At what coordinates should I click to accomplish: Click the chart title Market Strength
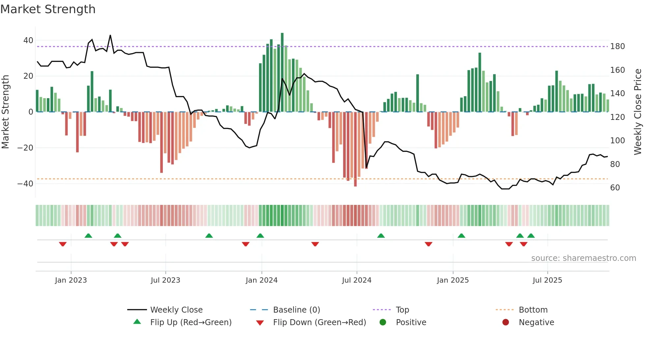coord(48,9)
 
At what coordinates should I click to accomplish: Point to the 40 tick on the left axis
coord(28,41)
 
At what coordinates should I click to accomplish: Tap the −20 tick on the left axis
coord(25,148)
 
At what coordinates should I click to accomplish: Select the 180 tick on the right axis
coord(617,46)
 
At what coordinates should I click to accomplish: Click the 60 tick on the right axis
coord(615,188)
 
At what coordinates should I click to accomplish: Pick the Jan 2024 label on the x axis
coord(261,280)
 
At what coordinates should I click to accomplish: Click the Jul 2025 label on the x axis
coord(547,280)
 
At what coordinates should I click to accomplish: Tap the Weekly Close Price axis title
coord(638,112)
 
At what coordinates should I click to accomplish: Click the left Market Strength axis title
coord(6,112)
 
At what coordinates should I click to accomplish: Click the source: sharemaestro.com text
coord(583,258)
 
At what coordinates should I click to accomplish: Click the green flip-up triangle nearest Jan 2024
coord(260,236)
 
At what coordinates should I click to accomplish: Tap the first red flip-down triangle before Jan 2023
coord(63,244)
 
